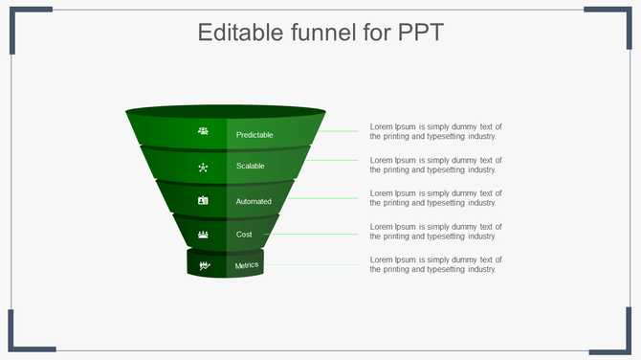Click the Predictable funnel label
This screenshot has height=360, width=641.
254,135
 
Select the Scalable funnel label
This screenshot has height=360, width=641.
251,167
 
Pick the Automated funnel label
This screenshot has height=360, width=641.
254,201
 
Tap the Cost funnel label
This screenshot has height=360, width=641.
244,234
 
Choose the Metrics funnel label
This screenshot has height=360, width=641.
247,265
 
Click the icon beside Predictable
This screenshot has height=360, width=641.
203,131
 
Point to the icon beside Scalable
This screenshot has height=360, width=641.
203,167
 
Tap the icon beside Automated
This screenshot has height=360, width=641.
203,201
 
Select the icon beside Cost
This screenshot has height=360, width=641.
203,234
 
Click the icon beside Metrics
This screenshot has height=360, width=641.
204,265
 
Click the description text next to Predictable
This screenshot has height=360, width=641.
435,131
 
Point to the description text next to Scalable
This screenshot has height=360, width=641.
435,165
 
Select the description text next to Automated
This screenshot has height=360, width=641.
435,198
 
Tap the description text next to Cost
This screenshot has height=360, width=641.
435,231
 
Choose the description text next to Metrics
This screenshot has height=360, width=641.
435,264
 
